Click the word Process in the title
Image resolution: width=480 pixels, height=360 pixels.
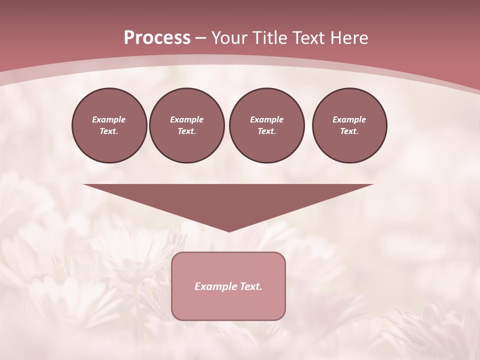(x=157, y=38)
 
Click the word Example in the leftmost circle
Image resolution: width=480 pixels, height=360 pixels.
(x=109, y=119)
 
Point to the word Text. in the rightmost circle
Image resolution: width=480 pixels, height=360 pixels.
(x=349, y=131)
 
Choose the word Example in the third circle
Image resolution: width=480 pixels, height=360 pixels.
(x=266, y=119)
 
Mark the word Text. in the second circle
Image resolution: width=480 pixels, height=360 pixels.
(x=186, y=131)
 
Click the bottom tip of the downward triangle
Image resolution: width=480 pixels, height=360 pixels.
(x=229, y=230)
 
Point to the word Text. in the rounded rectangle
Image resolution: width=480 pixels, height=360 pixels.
(x=251, y=286)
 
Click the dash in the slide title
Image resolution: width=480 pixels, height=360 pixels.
(x=201, y=38)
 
